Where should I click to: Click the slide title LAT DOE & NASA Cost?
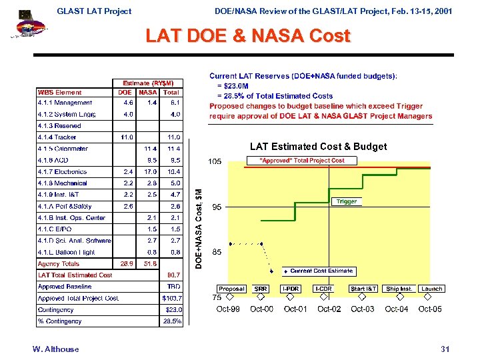click(x=248, y=36)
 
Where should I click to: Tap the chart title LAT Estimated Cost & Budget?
click(x=318, y=147)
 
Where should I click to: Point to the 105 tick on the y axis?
click(x=215, y=162)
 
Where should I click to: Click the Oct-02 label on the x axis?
click(x=329, y=309)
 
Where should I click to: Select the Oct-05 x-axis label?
click(x=429, y=309)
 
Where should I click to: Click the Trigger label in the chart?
click(x=347, y=201)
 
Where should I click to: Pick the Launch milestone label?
click(x=431, y=289)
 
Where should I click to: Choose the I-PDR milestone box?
click(x=291, y=289)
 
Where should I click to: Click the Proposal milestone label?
click(x=231, y=289)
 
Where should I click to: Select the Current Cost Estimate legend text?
click(x=321, y=271)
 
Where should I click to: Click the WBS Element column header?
click(x=60, y=93)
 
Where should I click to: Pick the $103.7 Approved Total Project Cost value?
click(x=171, y=298)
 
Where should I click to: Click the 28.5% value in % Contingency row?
click(x=172, y=321)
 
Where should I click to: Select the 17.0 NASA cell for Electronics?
click(x=150, y=172)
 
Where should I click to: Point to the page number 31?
click(x=445, y=349)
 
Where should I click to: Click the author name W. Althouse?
click(x=55, y=349)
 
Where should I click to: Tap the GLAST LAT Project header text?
click(x=94, y=11)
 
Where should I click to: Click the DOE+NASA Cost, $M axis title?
click(x=198, y=227)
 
